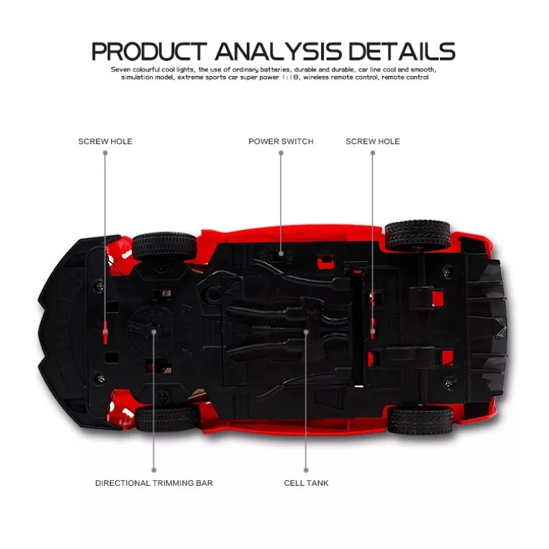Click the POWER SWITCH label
coord(281,141)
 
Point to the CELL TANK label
coord(306,483)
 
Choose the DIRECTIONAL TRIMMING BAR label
coord(154,483)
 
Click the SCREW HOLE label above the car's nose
coord(105,141)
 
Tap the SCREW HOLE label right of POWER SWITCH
coord(373,141)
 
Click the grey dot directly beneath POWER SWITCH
coord(281,153)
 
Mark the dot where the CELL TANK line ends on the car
coord(306,331)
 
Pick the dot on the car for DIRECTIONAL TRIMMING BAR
coord(154,331)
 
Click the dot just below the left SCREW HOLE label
coord(105,153)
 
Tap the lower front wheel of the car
coord(167,418)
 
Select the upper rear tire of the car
coord(417,235)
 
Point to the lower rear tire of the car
coord(420,420)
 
